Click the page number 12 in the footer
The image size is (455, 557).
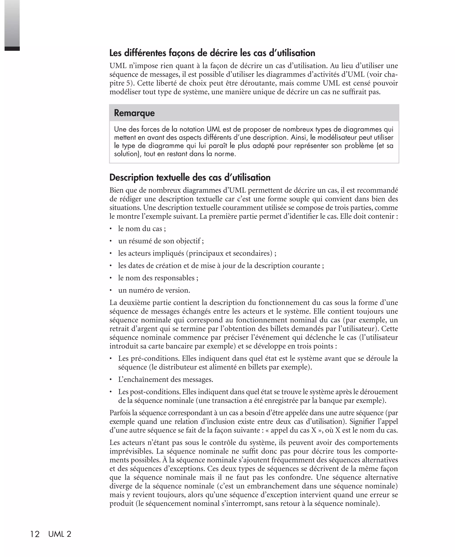click(x=35, y=534)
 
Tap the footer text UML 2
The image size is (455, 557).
click(x=60, y=534)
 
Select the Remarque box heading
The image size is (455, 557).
click(x=134, y=113)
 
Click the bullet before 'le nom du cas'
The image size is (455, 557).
click(x=111, y=229)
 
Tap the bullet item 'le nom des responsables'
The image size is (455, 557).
click(x=158, y=278)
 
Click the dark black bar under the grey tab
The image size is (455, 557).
click(x=12, y=49)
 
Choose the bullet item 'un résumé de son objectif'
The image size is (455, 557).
click(x=161, y=241)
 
